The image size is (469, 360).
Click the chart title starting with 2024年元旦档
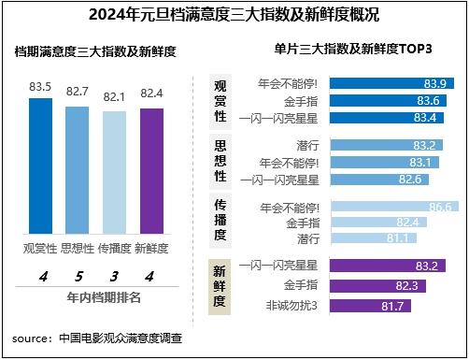click(x=234, y=15)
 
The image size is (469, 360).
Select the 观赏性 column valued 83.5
click(x=41, y=168)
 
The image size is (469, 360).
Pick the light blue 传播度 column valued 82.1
click(x=114, y=174)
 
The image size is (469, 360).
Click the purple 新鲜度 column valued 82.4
click(x=151, y=173)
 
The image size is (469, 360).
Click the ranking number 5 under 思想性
click(x=78, y=277)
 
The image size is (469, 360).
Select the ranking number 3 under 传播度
click(x=114, y=277)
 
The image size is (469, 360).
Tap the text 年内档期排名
click(x=96, y=298)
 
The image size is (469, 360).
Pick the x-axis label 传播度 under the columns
click(x=114, y=248)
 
